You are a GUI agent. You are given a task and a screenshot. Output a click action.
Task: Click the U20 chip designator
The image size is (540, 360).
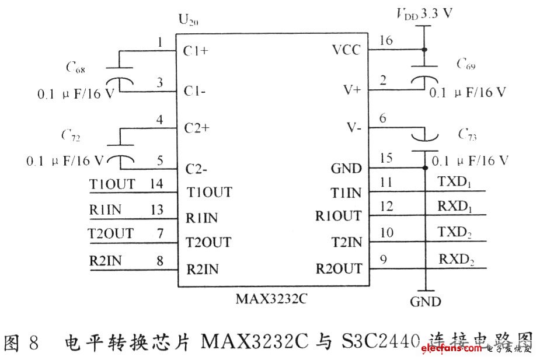click(187, 22)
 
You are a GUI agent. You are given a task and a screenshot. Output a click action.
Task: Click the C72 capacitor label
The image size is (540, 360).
click(71, 137)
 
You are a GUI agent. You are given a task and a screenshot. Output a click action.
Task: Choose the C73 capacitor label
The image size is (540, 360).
click(466, 136)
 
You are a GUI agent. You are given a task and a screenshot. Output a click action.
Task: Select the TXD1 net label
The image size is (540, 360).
click(454, 182)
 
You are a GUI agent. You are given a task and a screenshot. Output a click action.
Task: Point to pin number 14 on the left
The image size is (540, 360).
click(156, 184)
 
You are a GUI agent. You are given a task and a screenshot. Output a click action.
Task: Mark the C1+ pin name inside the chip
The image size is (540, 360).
click(196, 51)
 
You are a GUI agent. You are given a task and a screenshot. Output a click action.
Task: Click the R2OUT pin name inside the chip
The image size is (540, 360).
click(339, 268)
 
